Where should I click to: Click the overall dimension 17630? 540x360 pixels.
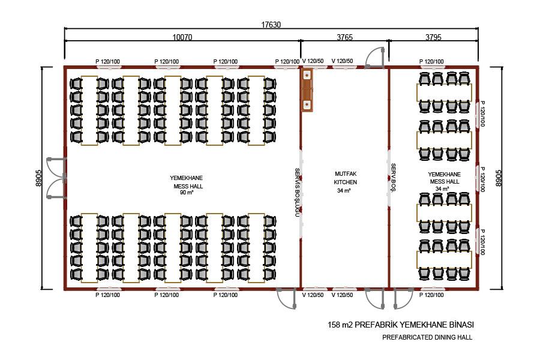(271, 25)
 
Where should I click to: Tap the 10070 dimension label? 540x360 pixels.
(182, 37)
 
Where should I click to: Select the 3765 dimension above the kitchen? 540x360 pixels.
(345, 37)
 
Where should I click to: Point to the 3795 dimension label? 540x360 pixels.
(433, 37)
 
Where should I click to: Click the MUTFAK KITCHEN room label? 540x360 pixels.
(346, 178)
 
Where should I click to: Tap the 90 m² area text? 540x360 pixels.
(187, 193)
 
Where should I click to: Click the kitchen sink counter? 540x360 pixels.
(307, 90)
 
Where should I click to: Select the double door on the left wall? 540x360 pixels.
(56, 178)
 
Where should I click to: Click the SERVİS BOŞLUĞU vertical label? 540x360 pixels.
(297, 192)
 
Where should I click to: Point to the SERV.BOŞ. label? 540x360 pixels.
(393, 178)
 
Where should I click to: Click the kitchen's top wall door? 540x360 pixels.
(374, 58)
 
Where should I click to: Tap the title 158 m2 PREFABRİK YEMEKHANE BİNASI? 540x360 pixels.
(401, 325)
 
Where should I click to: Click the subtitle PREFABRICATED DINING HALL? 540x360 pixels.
(427, 337)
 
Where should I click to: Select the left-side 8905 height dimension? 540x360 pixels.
(38, 178)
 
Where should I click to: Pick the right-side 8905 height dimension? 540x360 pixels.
(499, 178)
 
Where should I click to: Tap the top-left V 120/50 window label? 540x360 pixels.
(313, 61)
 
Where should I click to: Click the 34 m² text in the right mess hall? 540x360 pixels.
(442, 189)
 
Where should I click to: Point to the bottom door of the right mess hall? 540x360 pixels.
(403, 299)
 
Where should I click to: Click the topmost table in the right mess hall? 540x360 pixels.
(444, 92)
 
